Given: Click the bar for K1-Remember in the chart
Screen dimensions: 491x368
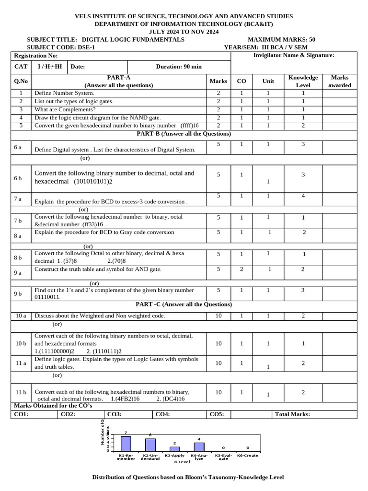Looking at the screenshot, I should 126,444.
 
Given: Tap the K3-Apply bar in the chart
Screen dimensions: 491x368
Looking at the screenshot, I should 175,449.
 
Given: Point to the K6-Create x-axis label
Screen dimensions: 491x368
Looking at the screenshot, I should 247,456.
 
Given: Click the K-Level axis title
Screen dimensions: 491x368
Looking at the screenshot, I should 182,462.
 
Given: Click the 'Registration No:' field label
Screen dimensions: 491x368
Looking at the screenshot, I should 36,56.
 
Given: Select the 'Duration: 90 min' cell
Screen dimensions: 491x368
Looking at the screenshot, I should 179,67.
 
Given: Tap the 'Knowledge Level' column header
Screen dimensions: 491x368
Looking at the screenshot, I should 303,81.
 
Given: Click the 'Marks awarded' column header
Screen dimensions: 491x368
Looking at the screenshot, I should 340,81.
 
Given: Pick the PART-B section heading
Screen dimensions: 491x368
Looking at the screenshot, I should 184,134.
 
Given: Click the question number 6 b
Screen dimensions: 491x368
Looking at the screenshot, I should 18,178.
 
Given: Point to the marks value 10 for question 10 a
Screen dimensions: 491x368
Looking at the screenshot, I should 218,316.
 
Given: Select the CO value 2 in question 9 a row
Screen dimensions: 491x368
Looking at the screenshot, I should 241,269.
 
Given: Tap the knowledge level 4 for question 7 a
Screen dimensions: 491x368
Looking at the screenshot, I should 303,196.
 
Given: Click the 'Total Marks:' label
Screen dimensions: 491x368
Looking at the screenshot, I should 292,414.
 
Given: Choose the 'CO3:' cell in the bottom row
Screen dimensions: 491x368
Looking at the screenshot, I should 114,414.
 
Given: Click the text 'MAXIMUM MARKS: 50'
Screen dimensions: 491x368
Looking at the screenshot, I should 281,40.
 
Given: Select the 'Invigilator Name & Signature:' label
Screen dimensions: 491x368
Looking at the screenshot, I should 293,56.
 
